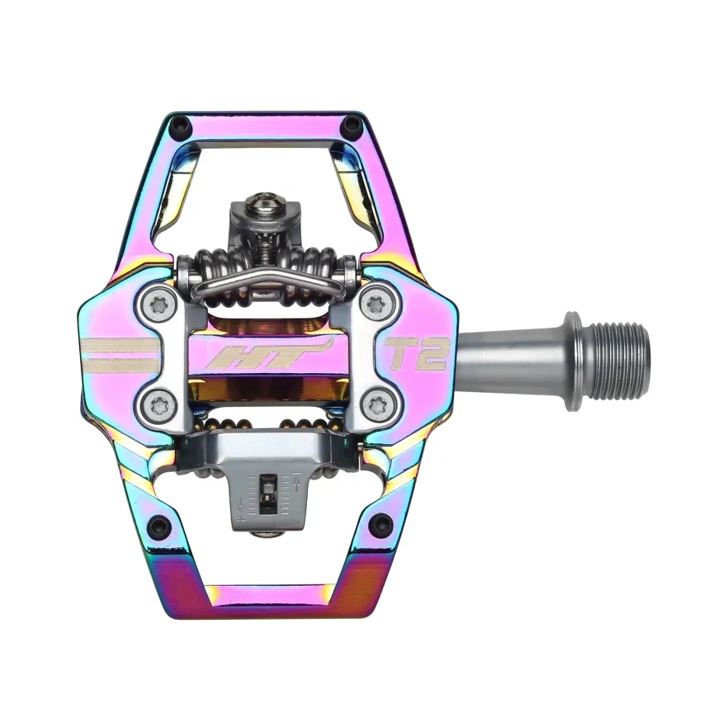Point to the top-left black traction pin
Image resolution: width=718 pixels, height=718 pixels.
pyautogui.click(x=179, y=124)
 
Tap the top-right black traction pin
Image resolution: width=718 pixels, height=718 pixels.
pyautogui.click(x=350, y=124)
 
